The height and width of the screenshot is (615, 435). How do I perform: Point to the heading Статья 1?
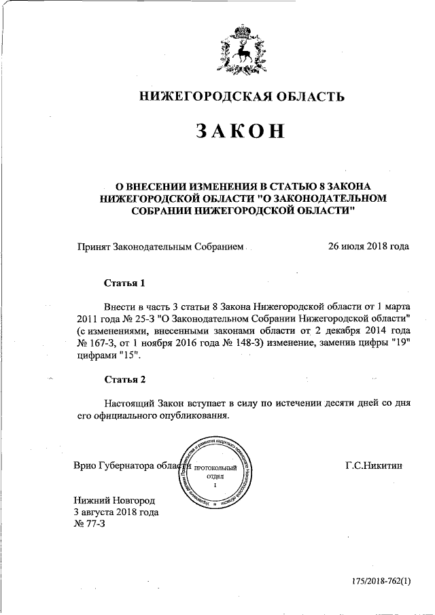point(125,282)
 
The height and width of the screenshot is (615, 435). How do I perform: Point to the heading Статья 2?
point(125,379)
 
